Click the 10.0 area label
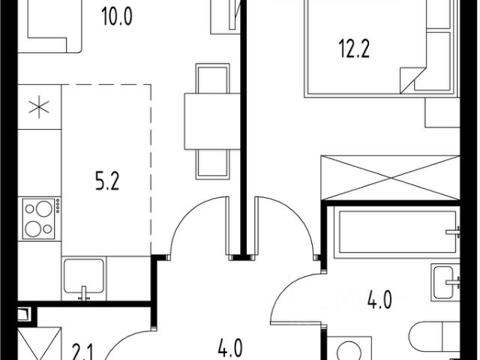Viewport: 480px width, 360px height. (x=117, y=16)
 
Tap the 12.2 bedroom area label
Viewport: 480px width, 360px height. (x=354, y=49)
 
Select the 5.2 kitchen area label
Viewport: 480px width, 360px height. (x=107, y=181)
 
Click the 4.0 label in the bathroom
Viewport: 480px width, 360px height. (x=379, y=300)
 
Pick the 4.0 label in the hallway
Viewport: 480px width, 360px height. (x=230, y=348)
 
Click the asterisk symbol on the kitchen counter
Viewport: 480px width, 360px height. (x=39, y=106)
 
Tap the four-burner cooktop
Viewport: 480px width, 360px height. (x=39, y=218)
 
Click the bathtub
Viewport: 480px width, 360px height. (x=397, y=232)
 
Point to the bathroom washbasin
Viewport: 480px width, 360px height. (x=445, y=282)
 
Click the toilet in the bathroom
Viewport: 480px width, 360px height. (x=434, y=337)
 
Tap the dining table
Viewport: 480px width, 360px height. (x=212, y=121)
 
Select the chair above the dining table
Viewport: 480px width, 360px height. (x=212, y=78)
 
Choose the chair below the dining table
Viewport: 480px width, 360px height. (x=212, y=164)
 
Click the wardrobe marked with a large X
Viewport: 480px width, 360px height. (x=390, y=178)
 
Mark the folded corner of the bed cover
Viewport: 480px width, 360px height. (x=411, y=79)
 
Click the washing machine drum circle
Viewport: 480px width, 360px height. (x=349, y=352)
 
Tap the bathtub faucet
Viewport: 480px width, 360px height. (x=453, y=232)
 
